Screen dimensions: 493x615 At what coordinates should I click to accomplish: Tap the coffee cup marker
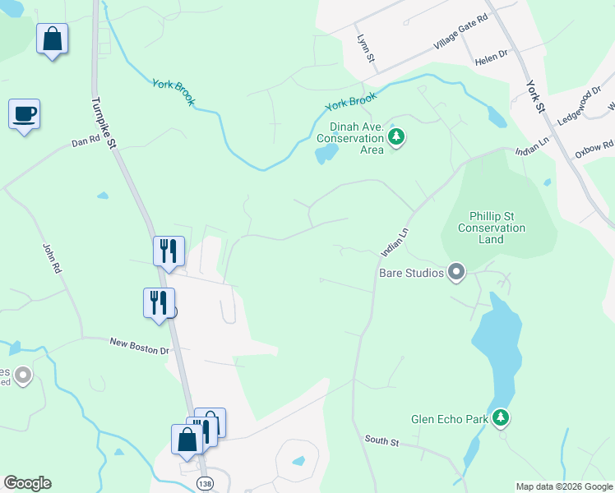pyautogui.click(x=24, y=113)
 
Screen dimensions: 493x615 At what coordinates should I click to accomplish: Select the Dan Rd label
pyautogui.click(x=86, y=142)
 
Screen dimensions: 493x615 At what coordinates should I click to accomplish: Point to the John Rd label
pyautogui.click(x=51, y=256)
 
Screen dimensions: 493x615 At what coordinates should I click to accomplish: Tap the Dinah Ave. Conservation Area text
pyautogui.click(x=356, y=138)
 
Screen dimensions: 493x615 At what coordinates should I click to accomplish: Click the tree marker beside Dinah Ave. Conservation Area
pyautogui.click(x=396, y=136)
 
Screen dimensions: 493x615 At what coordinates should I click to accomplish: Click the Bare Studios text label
pyautogui.click(x=411, y=273)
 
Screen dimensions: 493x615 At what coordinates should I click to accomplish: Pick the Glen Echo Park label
pyautogui.click(x=451, y=419)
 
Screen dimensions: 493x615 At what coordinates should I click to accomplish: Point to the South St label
pyautogui.click(x=381, y=441)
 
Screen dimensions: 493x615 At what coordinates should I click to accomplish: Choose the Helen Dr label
pyautogui.click(x=492, y=62)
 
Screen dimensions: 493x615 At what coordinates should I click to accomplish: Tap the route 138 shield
pyautogui.click(x=204, y=485)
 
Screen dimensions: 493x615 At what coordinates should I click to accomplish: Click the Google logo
pyautogui.click(x=27, y=483)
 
